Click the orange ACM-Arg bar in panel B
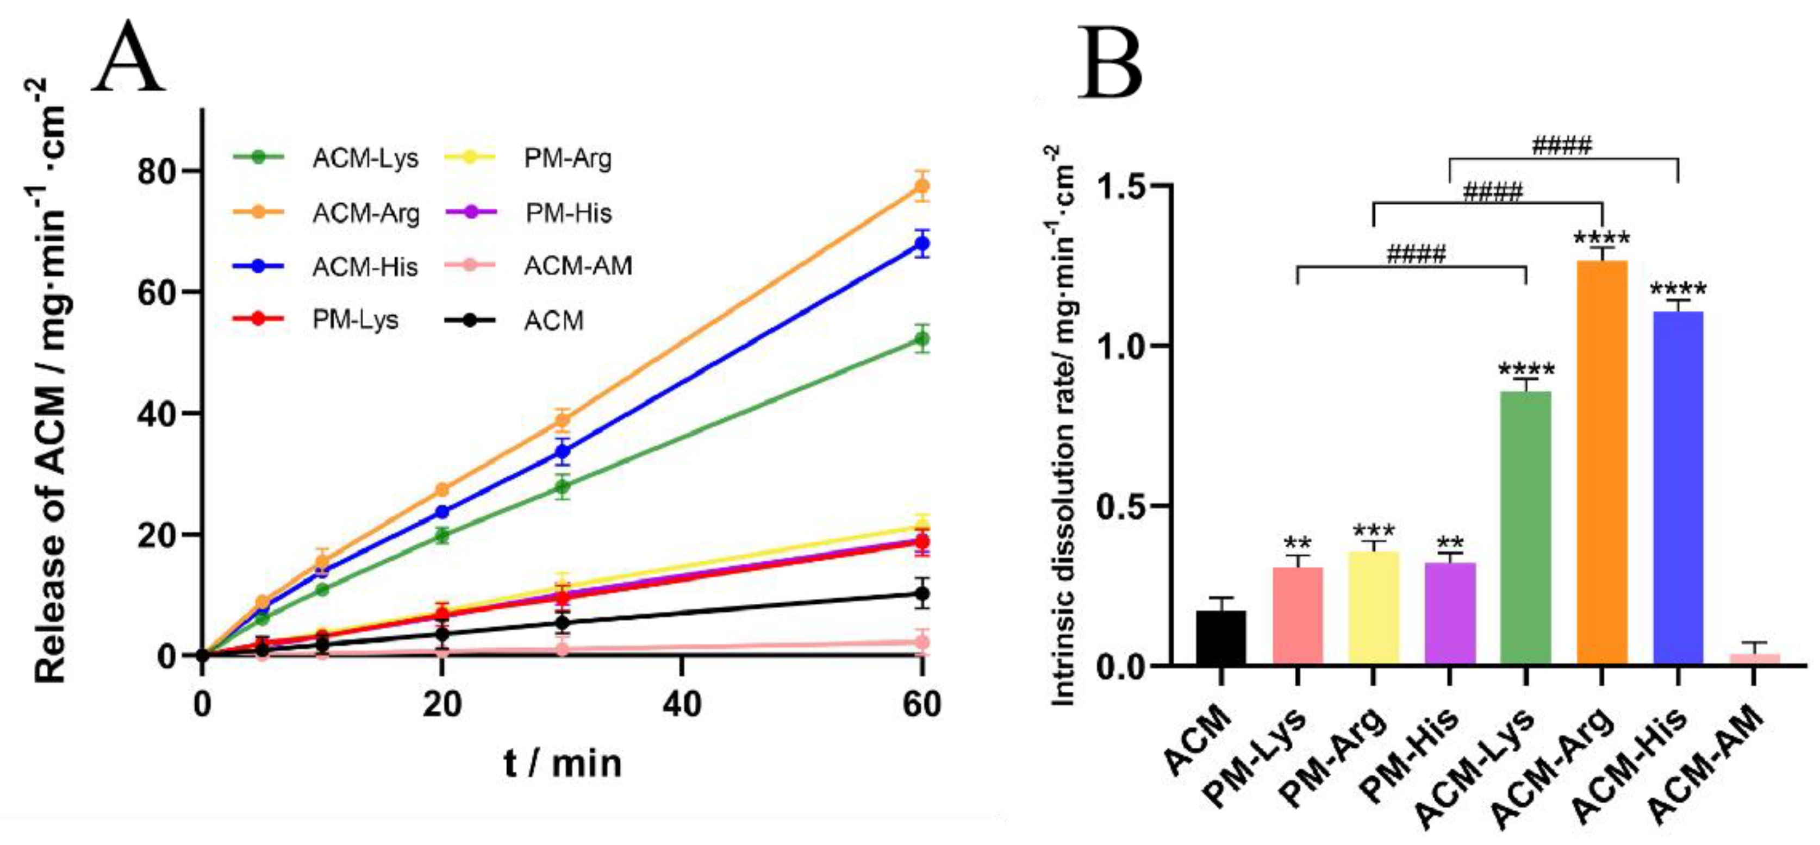1601,463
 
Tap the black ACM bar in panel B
1221,637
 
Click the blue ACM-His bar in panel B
1678,487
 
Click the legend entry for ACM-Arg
365,212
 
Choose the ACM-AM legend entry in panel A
577,266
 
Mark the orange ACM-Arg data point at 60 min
921,186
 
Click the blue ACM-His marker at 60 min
921,245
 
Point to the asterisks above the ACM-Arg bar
1601,238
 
